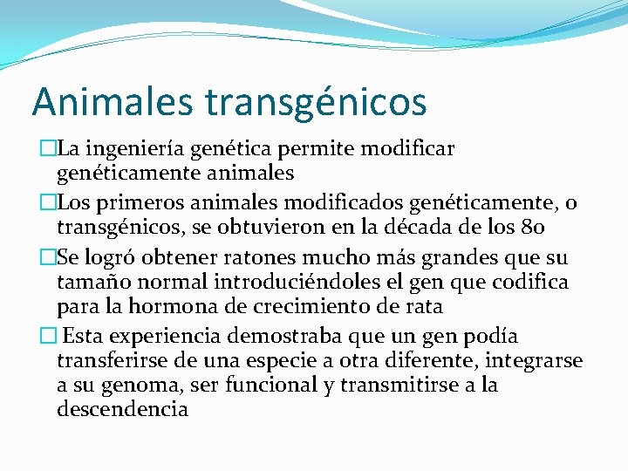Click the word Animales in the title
point(113,100)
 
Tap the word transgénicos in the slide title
point(316,102)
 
